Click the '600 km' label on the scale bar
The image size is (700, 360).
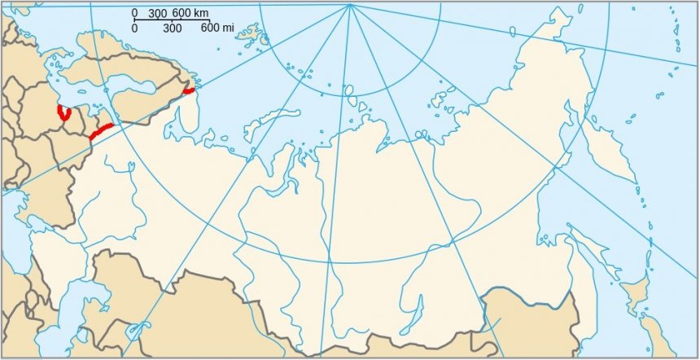pos(190,14)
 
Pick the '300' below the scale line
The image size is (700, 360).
pos(172,29)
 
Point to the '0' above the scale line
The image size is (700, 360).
pos(135,14)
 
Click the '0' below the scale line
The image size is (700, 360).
pos(135,29)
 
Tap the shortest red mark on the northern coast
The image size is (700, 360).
pos(190,91)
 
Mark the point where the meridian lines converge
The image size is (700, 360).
pos(350,5)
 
